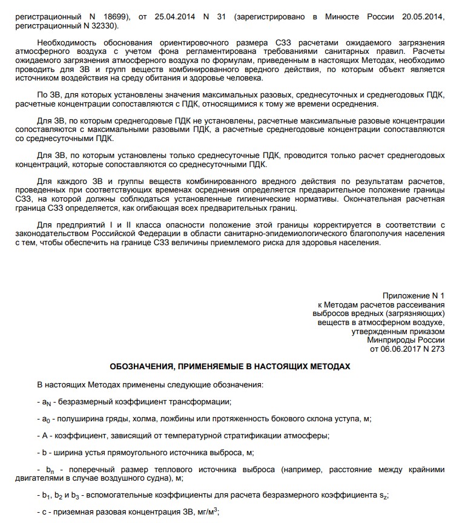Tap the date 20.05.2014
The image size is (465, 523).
coord(424,18)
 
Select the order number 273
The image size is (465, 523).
coord(435,349)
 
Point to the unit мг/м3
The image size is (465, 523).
coord(204,511)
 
